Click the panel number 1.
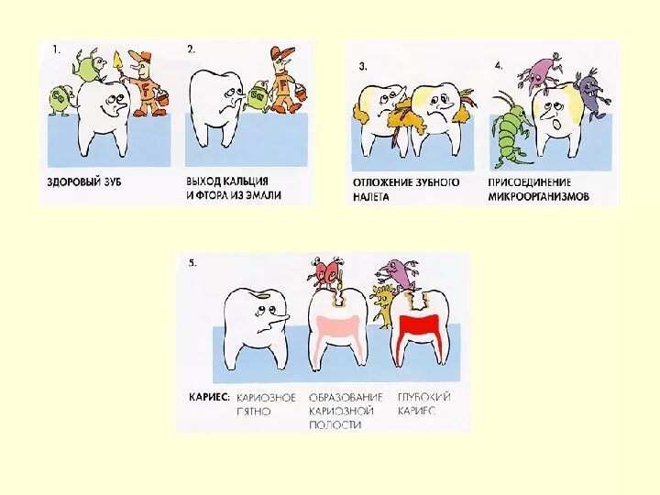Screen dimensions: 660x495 55,50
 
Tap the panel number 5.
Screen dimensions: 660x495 192,264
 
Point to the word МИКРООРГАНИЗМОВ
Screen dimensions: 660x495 539,196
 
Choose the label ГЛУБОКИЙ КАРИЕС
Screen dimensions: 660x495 423,403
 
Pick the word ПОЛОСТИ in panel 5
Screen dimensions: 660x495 335,424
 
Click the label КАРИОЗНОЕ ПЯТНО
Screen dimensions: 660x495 266,403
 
